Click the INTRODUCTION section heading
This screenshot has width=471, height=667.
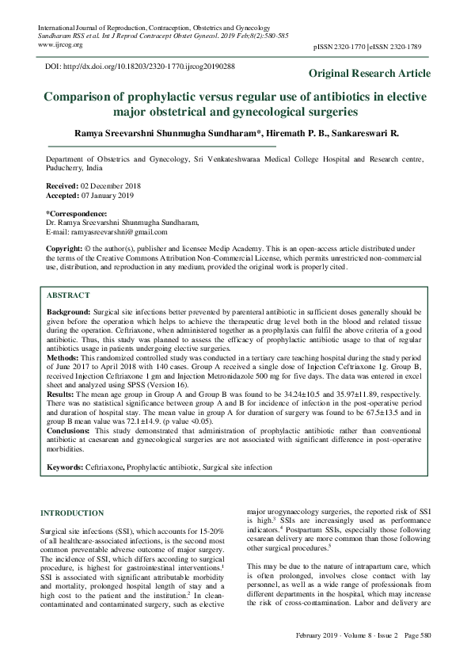click(71, 513)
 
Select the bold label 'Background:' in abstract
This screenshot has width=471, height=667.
click(69, 314)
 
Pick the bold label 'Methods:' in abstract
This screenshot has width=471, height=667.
click(63, 358)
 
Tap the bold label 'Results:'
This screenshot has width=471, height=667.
click(61, 393)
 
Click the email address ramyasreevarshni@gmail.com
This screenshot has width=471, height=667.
click(112, 231)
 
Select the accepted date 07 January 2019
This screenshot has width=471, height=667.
click(105, 195)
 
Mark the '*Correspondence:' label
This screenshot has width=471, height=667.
click(76, 214)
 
